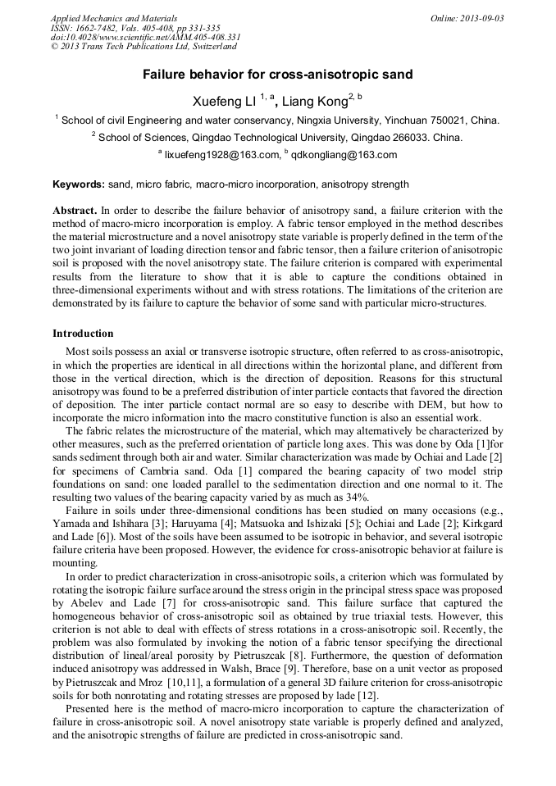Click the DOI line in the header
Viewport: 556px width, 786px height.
click(x=145, y=38)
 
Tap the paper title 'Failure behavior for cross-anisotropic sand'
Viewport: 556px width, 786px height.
click(x=278, y=75)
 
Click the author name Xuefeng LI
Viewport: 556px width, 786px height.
click(x=224, y=102)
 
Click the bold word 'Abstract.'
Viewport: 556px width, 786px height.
click(x=75, y=211)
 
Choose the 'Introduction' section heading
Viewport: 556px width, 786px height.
click(x=83, y=334)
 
